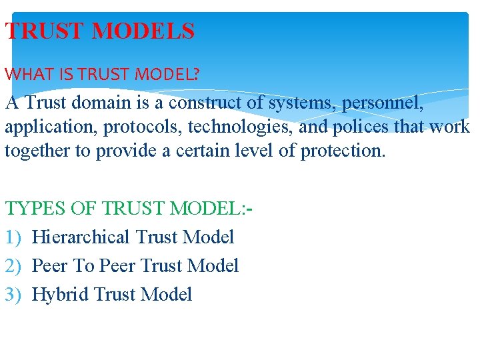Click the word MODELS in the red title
click(144, 31)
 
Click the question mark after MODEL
click(195, 75)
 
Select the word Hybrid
click(61, 295)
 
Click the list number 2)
click(14, 266)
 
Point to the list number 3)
click(14, 295)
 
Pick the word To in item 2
click(83, 266)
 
